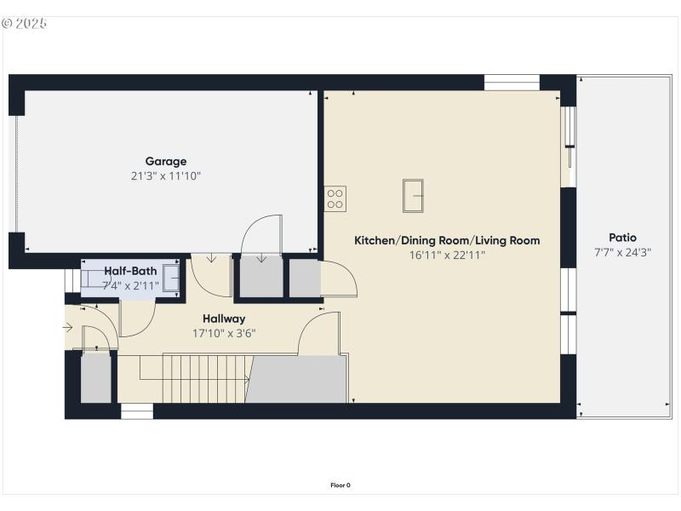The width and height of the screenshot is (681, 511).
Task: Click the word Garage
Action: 165,161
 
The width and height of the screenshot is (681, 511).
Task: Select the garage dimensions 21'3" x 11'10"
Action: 165,176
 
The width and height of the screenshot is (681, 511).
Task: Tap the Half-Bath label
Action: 130,271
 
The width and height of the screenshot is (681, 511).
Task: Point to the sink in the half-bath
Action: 171,278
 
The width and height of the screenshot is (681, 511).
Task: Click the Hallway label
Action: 224,319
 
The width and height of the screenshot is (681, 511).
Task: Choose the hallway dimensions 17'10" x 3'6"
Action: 224,333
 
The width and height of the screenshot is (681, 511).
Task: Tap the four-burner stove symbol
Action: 335,198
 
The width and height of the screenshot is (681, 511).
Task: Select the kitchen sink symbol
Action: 414,195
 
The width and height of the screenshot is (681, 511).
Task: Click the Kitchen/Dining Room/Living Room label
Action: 447,240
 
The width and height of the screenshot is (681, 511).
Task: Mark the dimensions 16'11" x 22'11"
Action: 447,255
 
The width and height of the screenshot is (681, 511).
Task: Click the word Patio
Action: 622,238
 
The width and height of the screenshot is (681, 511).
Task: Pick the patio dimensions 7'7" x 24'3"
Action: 622,252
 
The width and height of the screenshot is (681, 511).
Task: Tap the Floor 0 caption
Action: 340,485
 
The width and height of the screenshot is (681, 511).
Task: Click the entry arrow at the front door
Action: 68,326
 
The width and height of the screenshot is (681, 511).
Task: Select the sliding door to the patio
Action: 569,145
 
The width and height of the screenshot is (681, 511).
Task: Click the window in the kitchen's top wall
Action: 512,83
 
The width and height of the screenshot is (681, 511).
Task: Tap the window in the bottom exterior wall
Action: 136,411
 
